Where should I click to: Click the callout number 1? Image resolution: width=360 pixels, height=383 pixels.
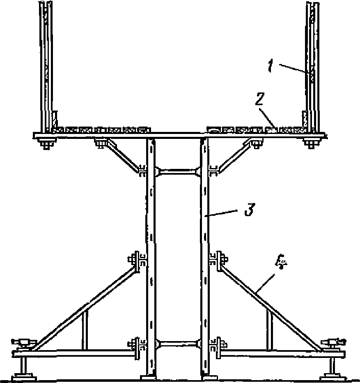pyautogui.click(x=270, y=66)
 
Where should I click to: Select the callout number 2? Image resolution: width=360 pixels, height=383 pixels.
pyautogui.click(x=260, y=99)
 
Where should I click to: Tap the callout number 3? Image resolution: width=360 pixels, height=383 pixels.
pyautogui.click(x=250, y=209)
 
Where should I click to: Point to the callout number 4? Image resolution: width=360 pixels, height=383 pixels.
pyautogui.click(x=281, y=262)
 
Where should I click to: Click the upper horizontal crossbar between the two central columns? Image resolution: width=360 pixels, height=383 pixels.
pyautogui.click(x=178, y=172)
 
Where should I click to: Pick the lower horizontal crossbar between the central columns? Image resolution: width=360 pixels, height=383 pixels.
pyautogui.click(x=178, y=344)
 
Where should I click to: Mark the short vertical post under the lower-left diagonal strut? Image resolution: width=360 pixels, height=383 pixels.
pyautogui.click(x=85, y=330)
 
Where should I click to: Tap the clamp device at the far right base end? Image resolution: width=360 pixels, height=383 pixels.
pyautogui.click(x=334, y=343)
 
